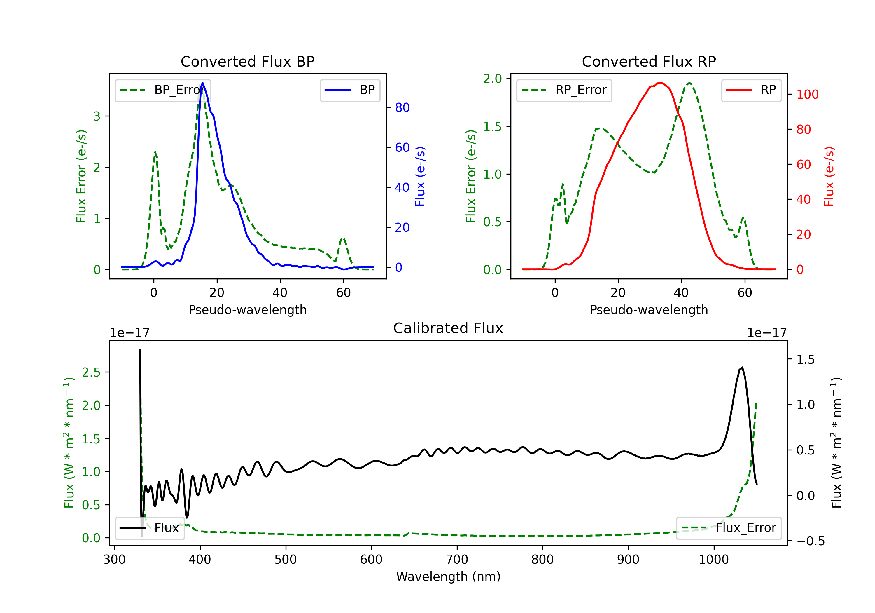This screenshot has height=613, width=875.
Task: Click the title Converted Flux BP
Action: click(x=247, y=61)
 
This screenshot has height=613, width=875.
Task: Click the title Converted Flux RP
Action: click(x=649, y=61)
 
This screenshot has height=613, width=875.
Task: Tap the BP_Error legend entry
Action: click(x=163, y=90)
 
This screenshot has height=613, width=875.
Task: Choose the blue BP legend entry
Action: click(x=350, y=90)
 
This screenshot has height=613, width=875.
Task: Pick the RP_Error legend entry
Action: click(x=564, y=90)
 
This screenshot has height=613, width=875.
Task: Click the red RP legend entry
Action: click(x=751, y=90)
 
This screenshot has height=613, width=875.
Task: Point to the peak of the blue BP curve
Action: click(x=203, y=83)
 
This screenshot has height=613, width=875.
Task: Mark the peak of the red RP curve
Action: click(x=660, y=83)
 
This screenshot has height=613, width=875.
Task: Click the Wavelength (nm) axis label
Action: click(x=448, y=577)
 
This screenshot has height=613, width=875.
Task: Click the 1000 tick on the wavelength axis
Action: click(x=713, y=559)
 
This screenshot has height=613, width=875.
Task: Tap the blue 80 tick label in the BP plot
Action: click(x=402, y=108)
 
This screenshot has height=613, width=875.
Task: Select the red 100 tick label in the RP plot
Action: click(x=807, y=94)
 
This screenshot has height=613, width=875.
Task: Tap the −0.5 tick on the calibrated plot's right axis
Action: click(x=810, y=541)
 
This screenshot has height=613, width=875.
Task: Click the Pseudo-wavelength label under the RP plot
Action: click(x=649, y=310)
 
